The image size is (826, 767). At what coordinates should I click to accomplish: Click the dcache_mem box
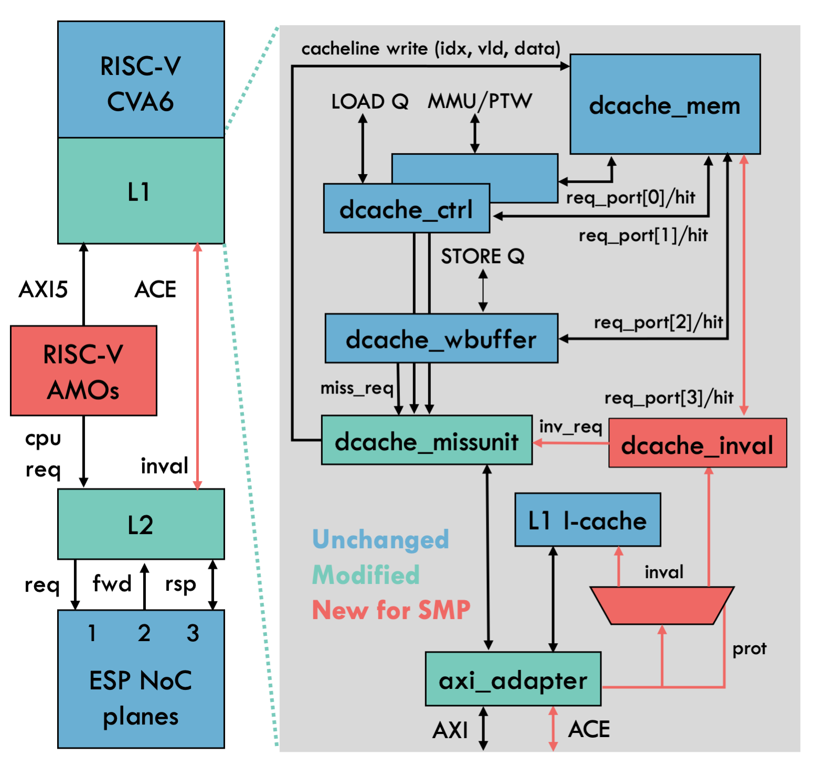coord(664,104)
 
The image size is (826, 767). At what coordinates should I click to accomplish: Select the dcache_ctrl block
coord(406,209)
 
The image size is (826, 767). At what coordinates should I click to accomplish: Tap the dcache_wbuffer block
coord(441,338)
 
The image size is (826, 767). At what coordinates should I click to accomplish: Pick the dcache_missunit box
coord(426,440)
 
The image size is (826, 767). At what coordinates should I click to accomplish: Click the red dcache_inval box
coord(697,443)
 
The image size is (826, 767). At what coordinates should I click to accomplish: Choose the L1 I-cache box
coord(587,520)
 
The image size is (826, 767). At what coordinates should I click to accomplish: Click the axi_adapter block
coord(513,679)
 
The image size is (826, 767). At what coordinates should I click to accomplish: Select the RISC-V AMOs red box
coord(83,371)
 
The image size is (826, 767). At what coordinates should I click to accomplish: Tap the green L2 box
coord(141,524)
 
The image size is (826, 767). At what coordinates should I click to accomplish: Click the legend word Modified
coord(366,574)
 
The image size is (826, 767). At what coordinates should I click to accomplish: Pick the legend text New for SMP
coord(391,610)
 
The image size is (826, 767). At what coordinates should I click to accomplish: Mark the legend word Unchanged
coord(380,539)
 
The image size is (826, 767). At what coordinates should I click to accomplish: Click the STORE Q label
coord(482,256)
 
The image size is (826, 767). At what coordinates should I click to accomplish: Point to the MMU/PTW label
coord(480,101)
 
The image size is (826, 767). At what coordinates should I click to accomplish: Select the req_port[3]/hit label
coord(669,398)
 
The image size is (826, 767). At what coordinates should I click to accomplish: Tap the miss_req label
coord(357,388)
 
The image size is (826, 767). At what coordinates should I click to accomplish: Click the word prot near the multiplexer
coord(749,649)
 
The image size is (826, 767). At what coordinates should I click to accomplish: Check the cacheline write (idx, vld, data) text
coord(430,48)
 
